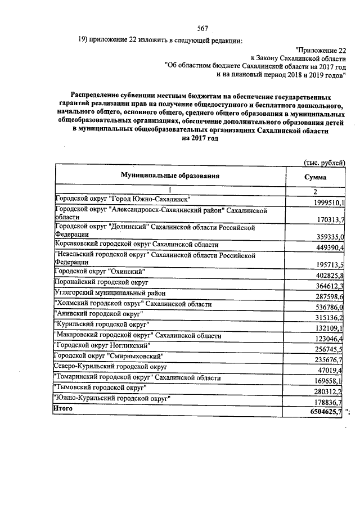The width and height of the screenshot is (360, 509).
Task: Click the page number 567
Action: tap(203, 29)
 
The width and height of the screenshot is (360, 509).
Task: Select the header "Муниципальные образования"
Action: tap(169, 176)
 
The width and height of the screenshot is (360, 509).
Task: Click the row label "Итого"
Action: tap(63, 409)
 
